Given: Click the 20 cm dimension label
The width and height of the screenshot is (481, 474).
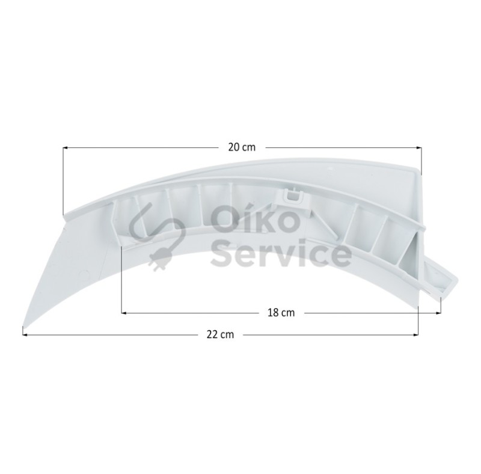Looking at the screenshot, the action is click(x=242, y=147).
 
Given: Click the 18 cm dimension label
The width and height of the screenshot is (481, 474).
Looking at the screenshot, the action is click(x=281, y=313).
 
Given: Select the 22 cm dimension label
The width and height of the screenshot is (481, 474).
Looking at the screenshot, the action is click(x=220, y=334).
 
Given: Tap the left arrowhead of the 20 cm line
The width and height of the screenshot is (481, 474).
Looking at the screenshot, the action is click(x=65, y=148).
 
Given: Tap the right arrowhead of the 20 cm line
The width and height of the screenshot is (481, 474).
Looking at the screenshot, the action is click(x=419, y=148).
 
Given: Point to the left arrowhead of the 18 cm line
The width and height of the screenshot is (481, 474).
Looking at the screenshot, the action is click(x=124, y=313).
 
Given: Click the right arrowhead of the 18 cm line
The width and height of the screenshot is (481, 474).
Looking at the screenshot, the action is click(x=439, y=313).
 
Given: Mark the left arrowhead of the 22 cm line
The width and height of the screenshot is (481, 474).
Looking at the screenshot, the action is click(x=25, y=334).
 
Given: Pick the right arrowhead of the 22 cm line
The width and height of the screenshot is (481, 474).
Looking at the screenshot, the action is click(x=416, y=334).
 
